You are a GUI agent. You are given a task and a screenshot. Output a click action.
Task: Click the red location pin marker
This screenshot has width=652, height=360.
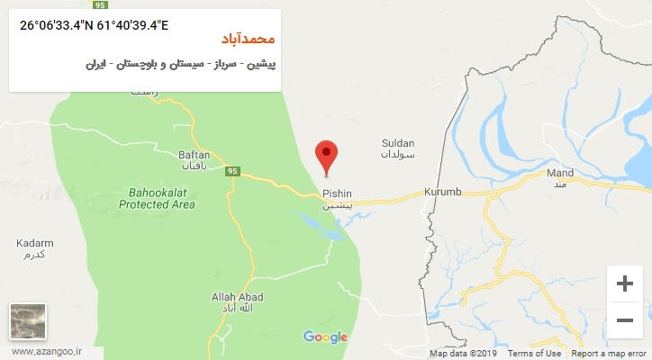pos(328,157)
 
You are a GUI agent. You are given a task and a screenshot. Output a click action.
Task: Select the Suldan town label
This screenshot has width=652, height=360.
pos(398,142)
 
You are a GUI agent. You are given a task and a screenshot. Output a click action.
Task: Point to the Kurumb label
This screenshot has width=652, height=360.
pos(442,193)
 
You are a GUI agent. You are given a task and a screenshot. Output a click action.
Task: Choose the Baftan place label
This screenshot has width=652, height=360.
pos(194,155)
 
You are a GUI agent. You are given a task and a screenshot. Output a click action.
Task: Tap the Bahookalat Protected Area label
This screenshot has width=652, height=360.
pos(158,198)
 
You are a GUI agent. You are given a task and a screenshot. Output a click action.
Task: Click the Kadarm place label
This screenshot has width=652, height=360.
pos(35,243)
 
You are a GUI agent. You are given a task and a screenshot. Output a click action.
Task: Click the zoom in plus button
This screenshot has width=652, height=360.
pos(623,283)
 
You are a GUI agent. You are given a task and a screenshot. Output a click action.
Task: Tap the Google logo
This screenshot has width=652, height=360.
pos(325,337)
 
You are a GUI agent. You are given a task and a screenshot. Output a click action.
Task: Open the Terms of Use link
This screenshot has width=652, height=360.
pos(535,354)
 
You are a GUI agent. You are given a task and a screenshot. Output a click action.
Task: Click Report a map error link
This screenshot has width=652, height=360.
pos(608,354)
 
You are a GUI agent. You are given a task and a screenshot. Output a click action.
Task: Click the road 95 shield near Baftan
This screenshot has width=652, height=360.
pos(232,172)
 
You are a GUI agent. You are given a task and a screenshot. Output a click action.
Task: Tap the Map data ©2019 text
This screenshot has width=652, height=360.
pos(462,354)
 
